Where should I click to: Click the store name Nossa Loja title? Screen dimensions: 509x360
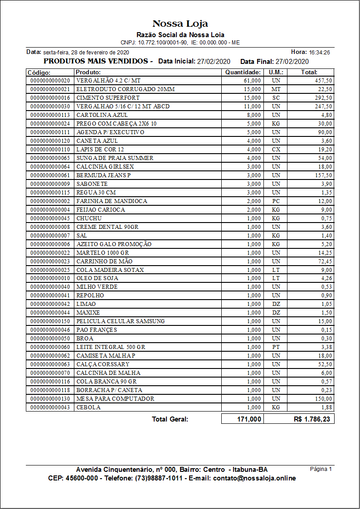(180, 24)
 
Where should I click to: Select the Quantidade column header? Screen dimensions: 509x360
(243, 72)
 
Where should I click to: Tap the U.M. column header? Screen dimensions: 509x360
(276, 72)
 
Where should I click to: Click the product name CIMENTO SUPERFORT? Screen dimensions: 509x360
(108, 98)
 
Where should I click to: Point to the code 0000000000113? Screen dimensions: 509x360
(50, 115)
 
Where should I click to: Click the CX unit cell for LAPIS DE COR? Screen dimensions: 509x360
(276, 150)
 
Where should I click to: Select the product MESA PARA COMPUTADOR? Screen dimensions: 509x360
(115, 399)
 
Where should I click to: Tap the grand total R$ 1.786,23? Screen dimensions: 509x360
(312, 419)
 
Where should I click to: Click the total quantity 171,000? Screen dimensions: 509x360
(249, 419)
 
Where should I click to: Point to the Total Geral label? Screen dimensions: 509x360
(170, 419)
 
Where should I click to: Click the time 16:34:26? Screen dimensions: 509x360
(319, 53)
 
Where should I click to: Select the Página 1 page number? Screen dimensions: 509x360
(321, 469)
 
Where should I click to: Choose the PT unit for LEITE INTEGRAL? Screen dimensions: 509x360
(276, 347)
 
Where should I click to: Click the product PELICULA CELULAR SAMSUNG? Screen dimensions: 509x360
(121, 321)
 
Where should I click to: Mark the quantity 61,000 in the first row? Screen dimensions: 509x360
(252, 81)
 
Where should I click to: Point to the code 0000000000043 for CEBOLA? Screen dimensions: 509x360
(50, 407)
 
